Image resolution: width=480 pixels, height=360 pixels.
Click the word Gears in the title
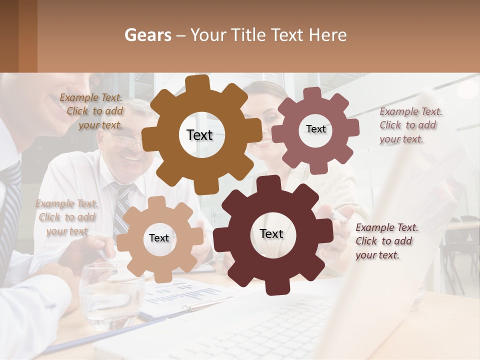(x=147, y=35)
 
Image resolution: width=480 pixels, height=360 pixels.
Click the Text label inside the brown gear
(x=199, y=135)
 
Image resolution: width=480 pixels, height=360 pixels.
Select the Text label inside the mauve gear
(x=315, y=129)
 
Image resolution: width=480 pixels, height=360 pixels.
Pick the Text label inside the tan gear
(x=159, y=238)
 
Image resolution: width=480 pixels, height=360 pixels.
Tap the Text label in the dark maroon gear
(x=271, y=233)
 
